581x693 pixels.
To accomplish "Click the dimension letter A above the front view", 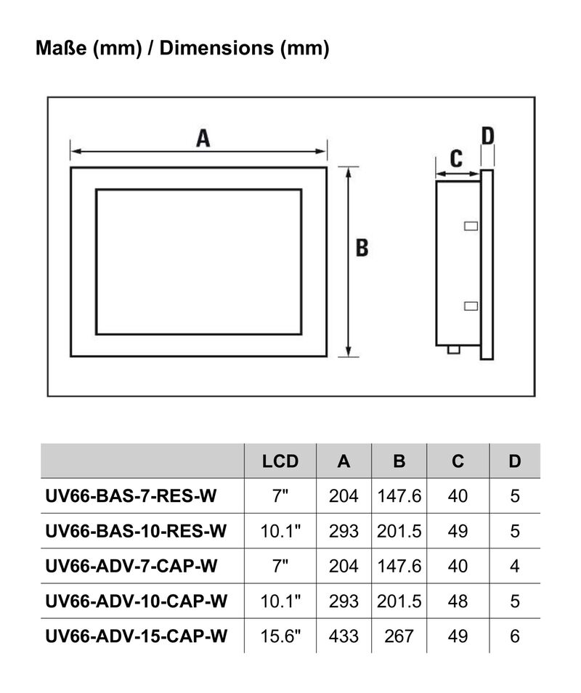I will [203, 137].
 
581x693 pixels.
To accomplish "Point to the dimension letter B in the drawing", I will [362, 248].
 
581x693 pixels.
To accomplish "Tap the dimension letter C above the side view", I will [456, 158].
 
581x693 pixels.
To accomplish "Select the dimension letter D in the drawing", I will [488, 135].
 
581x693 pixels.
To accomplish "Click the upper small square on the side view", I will [471, 226].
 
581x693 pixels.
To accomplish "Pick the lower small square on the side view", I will [471, 305].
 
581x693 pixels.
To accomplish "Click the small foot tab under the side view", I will [455, 350].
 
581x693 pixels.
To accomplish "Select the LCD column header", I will [280, 461].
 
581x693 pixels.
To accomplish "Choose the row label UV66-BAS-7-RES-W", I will [131, 496].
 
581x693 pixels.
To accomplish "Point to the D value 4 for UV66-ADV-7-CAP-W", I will [515, 566].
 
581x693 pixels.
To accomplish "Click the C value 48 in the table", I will [458, 601].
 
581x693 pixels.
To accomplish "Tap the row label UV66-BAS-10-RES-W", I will [136, 532].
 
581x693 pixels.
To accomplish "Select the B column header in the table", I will [399, 461].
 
